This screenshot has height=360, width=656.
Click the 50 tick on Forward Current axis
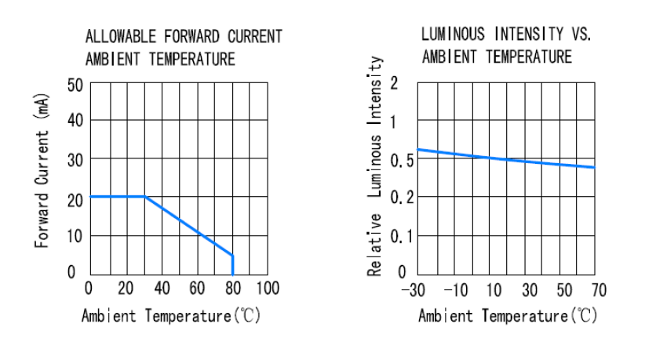(x=75, y=84)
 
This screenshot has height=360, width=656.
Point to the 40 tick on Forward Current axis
(x=75, y=122)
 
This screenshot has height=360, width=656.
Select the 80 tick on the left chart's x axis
(x=233, y=287)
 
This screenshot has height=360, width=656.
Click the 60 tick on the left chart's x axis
(x=197, y=287)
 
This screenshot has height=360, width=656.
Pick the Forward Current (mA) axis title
(x=44, y=170)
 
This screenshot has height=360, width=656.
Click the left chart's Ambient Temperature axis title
(x=171, y=316)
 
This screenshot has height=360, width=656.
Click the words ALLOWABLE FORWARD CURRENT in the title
(x=184, y=37)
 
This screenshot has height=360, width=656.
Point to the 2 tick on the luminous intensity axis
(x=394, y=84)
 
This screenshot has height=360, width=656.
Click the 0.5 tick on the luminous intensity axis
(x=401, y=160)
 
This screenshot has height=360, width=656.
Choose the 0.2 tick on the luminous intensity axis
(x=401, y=198)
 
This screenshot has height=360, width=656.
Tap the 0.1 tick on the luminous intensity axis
(x=401, y=235)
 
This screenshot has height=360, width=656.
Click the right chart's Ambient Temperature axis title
(x=507, y=316)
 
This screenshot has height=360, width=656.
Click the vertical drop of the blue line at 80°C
(x=233, y=264)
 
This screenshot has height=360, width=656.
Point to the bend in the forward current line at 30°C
(x=144, y=197)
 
